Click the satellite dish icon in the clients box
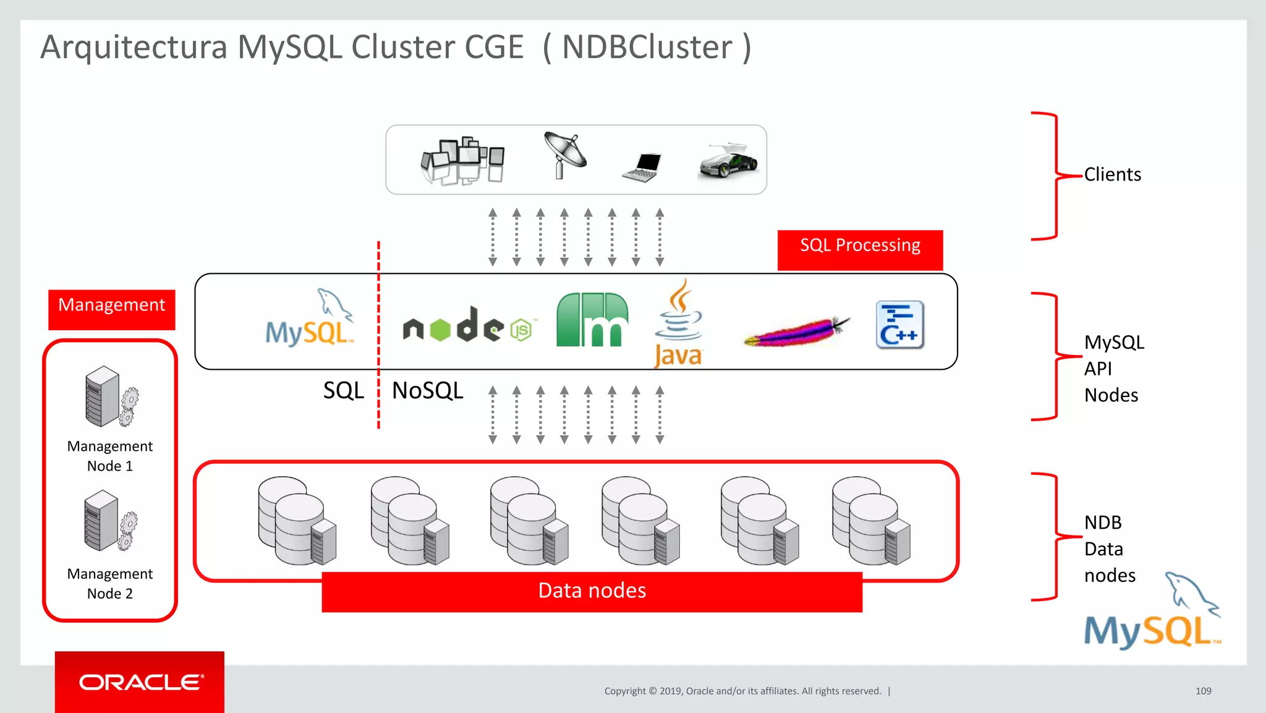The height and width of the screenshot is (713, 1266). pyautogui.click(x=564, y=155)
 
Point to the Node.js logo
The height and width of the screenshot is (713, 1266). pyautogui.click(x=467, y=326)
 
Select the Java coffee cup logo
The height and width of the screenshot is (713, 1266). pyautogui.click(x=678, y=323)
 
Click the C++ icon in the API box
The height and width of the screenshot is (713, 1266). pyautogui.click(x=899, y=325)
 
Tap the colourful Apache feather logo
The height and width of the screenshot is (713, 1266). pyautogui.click(x=796, y=331)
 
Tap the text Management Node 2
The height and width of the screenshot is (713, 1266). pyautogui.click(x=110, y=583)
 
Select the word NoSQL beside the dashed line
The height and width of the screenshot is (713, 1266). pyautogui.click(x=427, y=391)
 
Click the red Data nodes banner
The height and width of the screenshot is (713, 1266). pyautogui.click(x=592, y=591)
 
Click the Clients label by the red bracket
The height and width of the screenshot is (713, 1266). pyautogui.click(x=1112, y=174)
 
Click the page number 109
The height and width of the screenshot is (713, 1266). pyautogui.click(x=1203, y=691)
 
